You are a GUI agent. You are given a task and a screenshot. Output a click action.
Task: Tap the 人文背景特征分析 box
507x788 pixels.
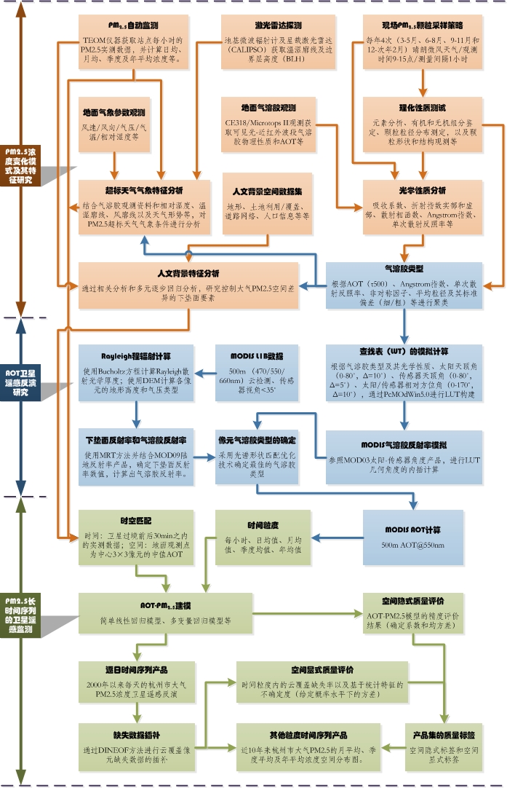188,286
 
